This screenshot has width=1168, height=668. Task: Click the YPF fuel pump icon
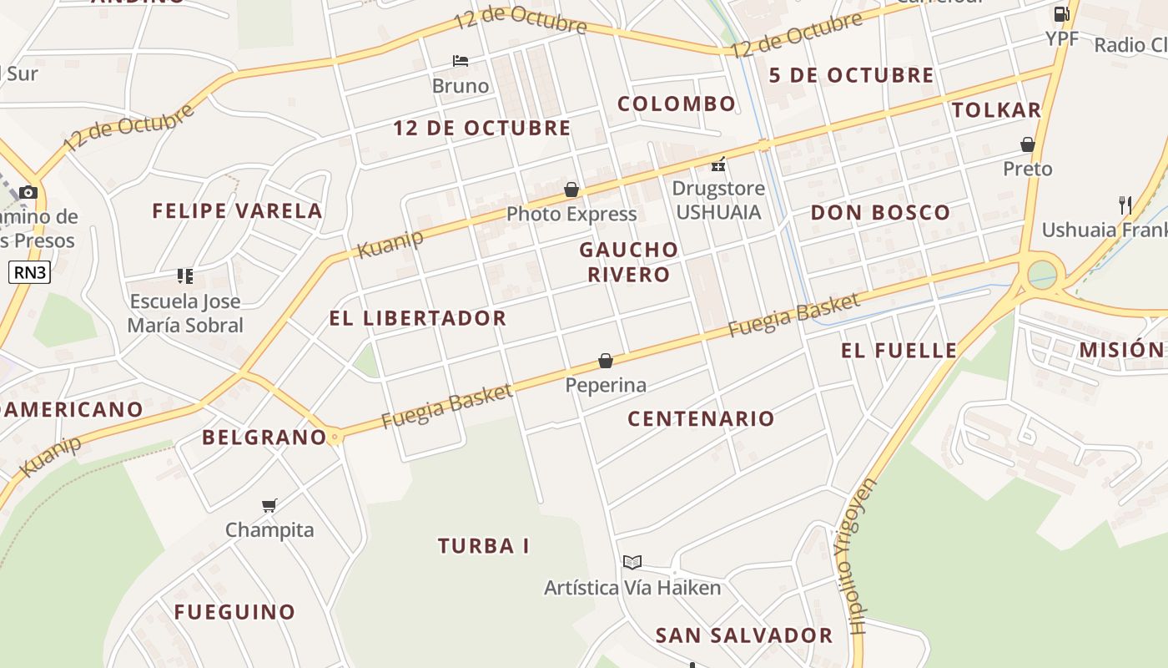1061,14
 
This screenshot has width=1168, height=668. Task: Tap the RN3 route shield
29,272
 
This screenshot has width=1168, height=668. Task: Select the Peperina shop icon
606,361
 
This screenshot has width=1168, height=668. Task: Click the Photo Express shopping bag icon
571,190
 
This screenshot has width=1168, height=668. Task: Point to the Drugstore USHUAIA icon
718,164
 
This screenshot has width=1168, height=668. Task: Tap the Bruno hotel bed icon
461,61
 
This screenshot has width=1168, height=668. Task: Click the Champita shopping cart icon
269,505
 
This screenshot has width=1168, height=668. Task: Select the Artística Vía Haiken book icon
632,562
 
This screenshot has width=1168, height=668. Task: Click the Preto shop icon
1028,144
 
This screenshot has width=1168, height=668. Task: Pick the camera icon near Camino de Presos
28,193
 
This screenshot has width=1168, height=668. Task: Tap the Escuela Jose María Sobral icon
185,276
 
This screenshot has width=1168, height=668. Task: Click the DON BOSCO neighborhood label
880,213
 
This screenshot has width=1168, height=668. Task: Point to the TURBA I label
484,546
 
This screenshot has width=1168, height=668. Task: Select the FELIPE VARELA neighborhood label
237,211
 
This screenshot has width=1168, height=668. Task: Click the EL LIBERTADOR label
417,318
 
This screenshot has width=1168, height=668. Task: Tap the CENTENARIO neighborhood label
701,419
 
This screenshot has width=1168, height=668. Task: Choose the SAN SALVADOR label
743,635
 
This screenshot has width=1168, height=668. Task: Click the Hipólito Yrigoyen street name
853,555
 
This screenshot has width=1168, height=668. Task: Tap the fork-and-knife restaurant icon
1125,205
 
